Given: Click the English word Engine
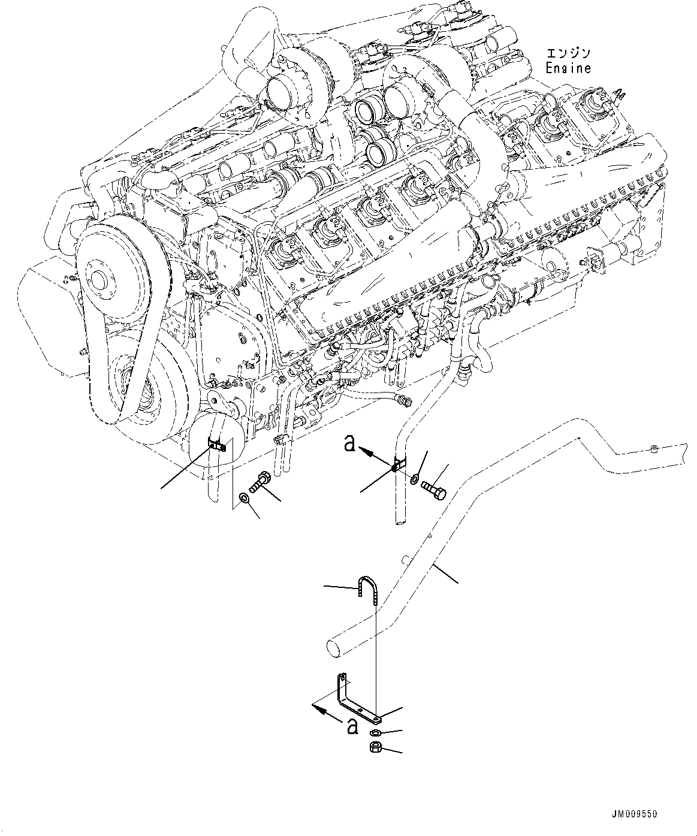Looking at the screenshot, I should click(x=568, y=68).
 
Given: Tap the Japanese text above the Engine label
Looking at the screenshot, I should click(x=566, y=53).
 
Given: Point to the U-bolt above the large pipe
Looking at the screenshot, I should click(x=365, y=586).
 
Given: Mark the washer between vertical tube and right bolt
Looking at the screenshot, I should click(x=415, y=479).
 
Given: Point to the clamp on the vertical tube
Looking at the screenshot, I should click(x=398, y=466).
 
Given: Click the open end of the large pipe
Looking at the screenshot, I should click(x=334, y=647).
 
